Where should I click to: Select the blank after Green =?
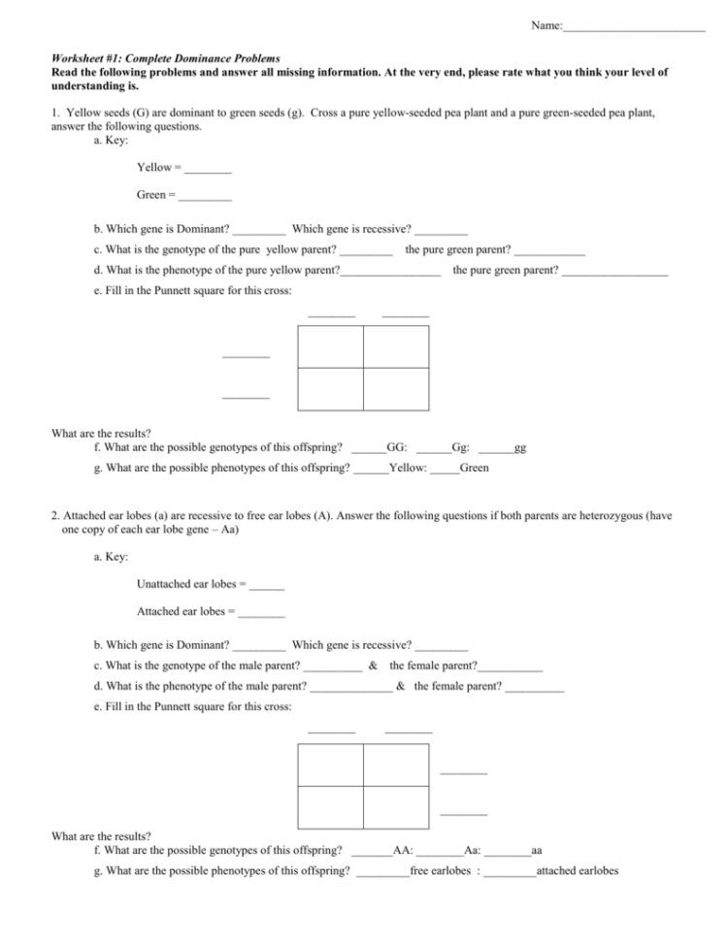coord(205,196)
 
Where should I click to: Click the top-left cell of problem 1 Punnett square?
coord(331,346)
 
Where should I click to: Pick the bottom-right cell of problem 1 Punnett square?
coord(396,389)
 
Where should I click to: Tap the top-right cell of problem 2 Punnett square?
coord(396,764)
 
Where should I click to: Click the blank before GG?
coord(369,448)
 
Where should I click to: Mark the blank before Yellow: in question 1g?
coord(371,469)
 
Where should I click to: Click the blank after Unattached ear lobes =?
coord(267,585)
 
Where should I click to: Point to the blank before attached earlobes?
coord(510,871)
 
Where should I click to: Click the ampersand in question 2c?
coord(374,665)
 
